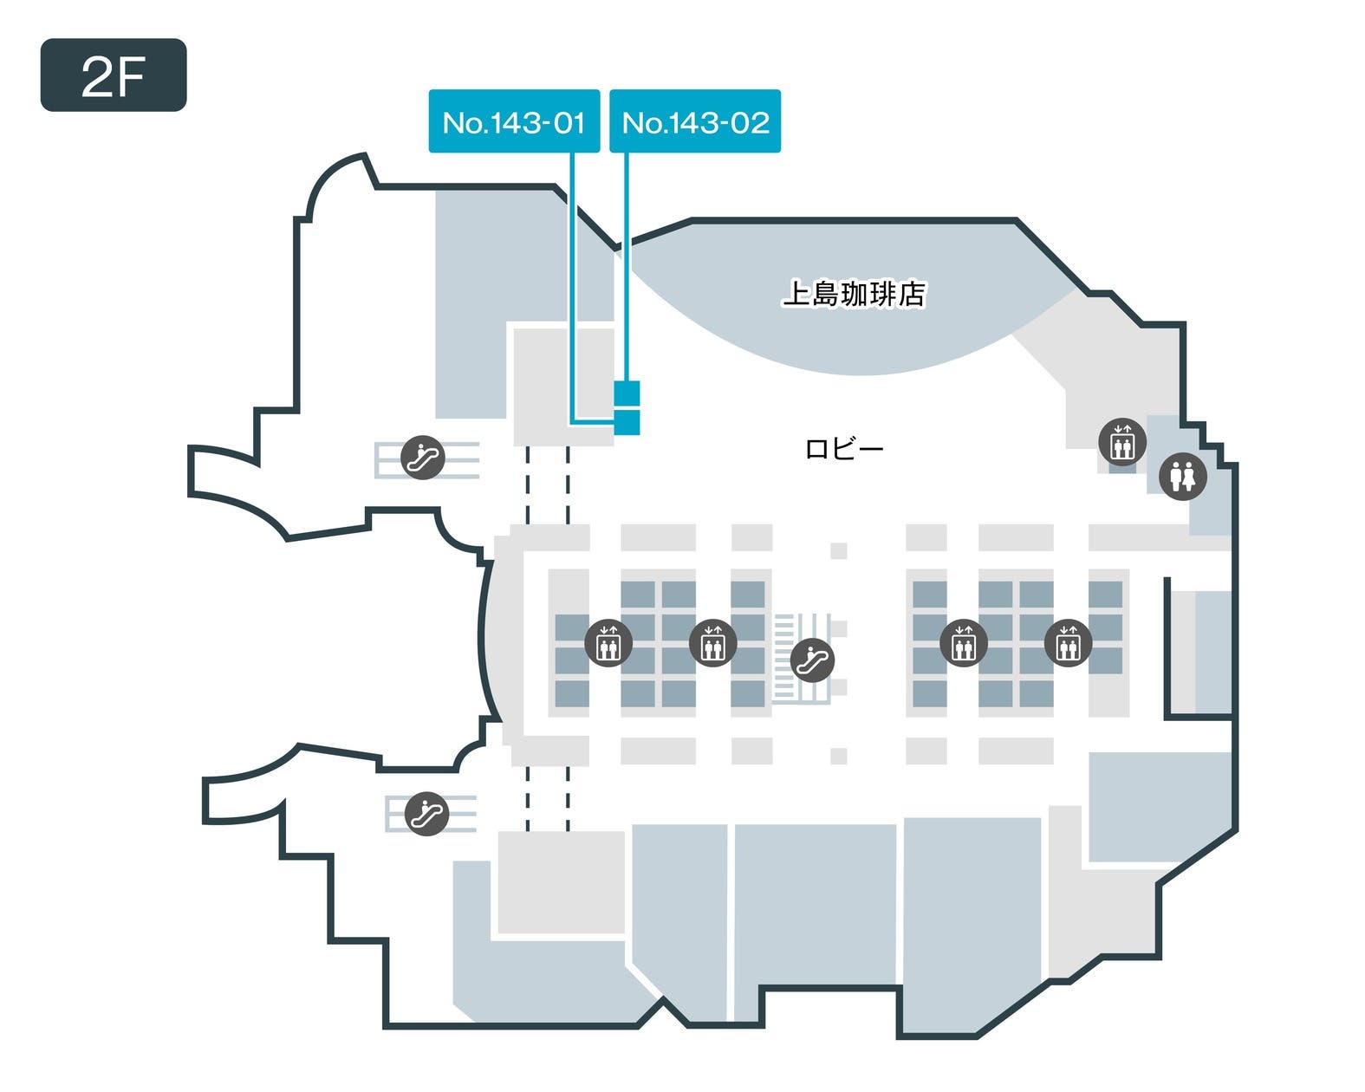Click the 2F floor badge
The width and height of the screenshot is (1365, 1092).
[x=114, y=75]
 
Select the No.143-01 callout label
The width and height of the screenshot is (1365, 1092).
[x=514, y=121]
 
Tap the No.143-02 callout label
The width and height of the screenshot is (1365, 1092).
[x=695, y=121]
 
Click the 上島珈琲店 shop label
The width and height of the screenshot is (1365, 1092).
[x=854, y=294]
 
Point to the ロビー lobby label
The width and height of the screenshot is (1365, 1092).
[x=843, y=448]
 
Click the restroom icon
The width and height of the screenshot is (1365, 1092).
[x=1182, y=475]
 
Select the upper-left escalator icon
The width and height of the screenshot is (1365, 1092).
[x=423, y=457]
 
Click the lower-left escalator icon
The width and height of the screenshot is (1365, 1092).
[x=426, y=814]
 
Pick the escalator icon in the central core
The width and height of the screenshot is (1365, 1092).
[x=812, y=660]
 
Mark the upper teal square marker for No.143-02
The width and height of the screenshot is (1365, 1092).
[x=627, y=393]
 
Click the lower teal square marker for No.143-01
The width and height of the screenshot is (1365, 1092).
[x=627, y=423]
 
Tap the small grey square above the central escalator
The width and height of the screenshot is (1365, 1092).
[x=838, y=550]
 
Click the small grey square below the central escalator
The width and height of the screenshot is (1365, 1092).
[x=838, y=756]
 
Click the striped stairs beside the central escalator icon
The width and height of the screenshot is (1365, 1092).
[x=784, y=659]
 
